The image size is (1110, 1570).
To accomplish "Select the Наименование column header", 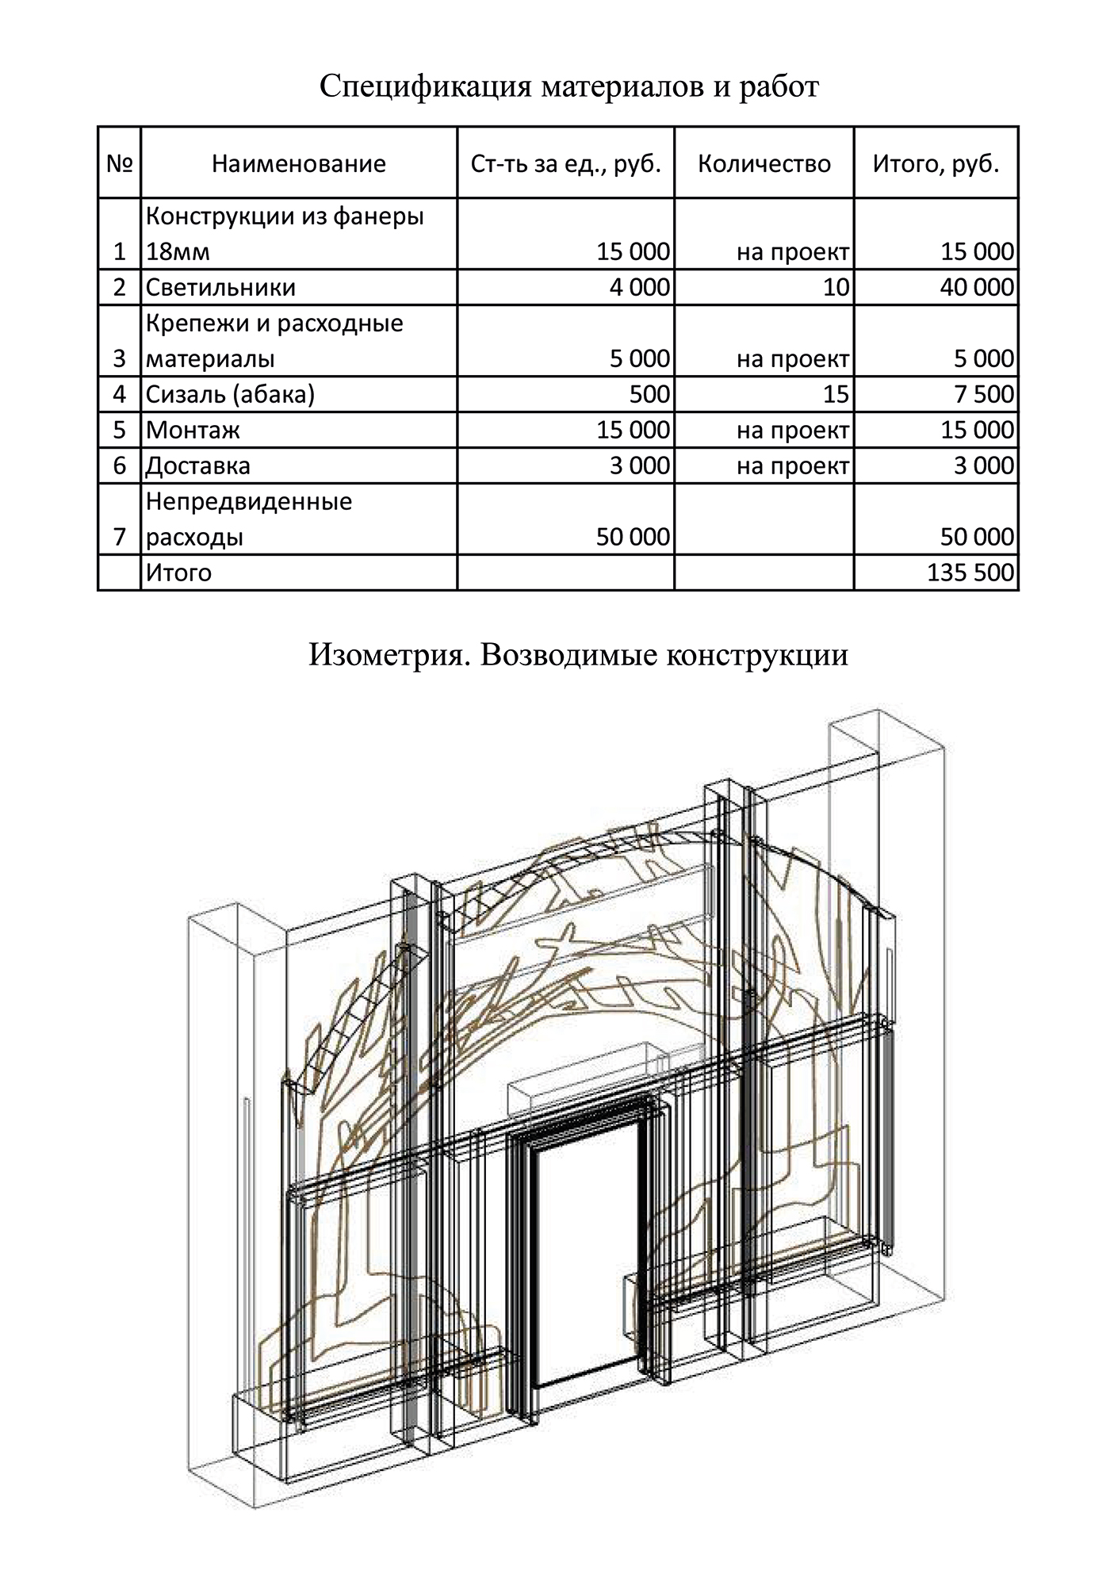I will (x=299, y=163).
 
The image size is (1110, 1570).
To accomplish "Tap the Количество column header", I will (x=764, y=163).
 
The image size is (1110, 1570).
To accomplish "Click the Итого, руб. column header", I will (x=936, y=163).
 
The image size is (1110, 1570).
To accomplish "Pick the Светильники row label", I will (x=221, y=287).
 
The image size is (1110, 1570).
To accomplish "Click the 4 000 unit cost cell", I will (x=639, y=287).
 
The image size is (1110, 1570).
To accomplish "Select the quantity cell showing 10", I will (x=836, y=287).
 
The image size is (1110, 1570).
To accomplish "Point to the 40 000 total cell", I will (x=978, y=287).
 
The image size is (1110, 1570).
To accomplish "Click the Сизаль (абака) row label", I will (x=231, y=394).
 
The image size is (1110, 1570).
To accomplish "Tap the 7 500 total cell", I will (x=984, y=394).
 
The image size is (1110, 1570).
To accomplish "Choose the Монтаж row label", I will (x=193, y=430).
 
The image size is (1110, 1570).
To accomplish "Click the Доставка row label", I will (x=198, y=465).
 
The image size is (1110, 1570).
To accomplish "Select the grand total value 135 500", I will (x=970, y=572).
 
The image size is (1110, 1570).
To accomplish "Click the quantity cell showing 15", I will (x=836, y=394).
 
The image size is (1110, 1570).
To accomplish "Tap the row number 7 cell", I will (x=120, y=537).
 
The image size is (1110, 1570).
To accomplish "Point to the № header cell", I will (x=119, y=163).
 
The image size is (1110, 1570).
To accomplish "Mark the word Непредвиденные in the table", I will (x=249, y=501).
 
